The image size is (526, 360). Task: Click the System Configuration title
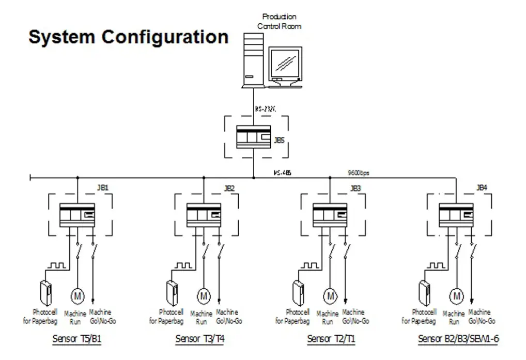click(x=128, y=37)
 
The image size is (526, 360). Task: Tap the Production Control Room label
click(x=279, y=21)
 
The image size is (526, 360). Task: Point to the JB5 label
click(x=279, y=139)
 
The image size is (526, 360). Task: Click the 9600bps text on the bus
click(x=358, y=173)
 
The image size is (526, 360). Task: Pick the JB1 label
click(x=103, y=188)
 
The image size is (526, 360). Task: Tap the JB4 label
click(x=482, y=188)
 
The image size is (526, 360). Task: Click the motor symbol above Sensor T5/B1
click(x=78, y=296)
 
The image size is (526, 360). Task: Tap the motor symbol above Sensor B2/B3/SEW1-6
click(x=456, y=296)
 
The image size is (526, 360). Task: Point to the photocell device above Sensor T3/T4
click(x=172, y=293)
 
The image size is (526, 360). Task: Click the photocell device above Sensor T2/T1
click(x=298, y=293)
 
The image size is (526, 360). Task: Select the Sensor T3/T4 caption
click(x=200, y=339)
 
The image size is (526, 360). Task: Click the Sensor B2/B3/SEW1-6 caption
click(x=458, y=339)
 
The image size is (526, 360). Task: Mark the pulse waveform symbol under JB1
click(x=56, y=265)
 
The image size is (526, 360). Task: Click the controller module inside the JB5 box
click(x=253, y=137)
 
